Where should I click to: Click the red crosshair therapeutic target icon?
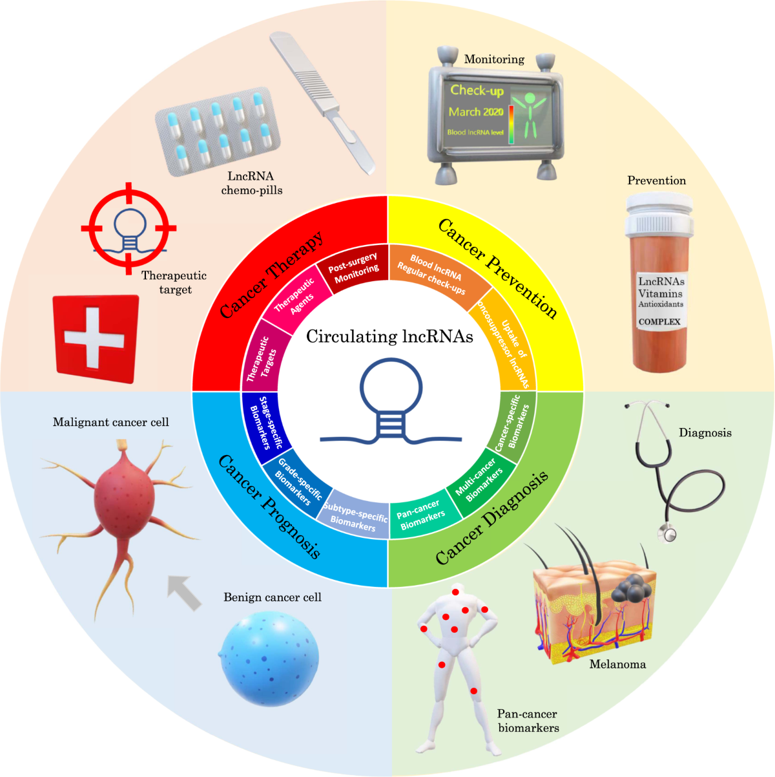click(x=129, y=228)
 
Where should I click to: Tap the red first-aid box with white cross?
click(x=96, y=339)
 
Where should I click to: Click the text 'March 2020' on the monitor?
click(x=476, y=112)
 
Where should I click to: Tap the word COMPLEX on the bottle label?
click(x=659, y=321)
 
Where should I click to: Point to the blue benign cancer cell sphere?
click(x=269, y=659)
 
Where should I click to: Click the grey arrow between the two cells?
click(x=184, y=591)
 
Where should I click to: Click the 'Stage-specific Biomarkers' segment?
click(x=265, y=424)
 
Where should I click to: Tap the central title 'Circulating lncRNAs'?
click(x=389, y=337)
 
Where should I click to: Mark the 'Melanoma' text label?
click(x=617, y=664)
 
